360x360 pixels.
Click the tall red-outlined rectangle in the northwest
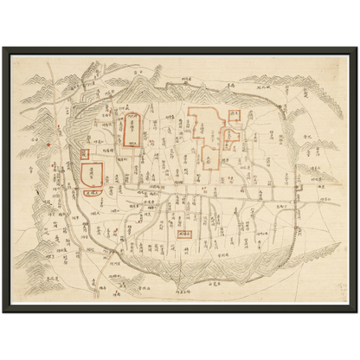tap(132, 130)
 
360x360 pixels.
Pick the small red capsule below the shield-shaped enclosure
tap(94, 194)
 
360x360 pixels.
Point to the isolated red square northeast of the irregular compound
tap(235, 114)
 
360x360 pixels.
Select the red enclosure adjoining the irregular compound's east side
tap(231, 136)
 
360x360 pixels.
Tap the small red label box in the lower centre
tap(183, 234)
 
